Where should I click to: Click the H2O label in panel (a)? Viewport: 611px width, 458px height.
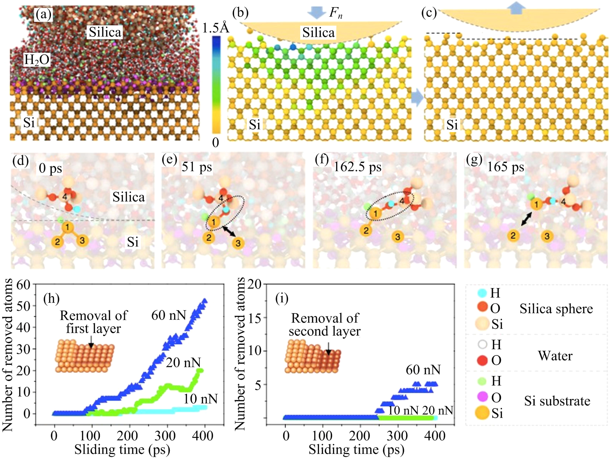click(37, 60)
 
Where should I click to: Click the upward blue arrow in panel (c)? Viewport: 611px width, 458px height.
click(516, 8)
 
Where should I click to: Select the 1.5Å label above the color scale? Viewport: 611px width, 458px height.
click(215, 28)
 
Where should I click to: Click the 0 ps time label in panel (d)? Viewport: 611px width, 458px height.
click(50, 168)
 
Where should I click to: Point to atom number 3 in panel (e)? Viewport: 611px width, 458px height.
click(238, 243)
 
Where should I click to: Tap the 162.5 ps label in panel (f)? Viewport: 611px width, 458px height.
click(357, 167)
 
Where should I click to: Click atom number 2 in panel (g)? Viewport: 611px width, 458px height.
click(513, 235)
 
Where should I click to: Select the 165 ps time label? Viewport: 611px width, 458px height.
click(505, 167)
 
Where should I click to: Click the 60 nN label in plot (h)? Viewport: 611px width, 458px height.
click(169, 315)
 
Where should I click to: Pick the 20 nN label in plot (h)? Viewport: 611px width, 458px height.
click(183, 362)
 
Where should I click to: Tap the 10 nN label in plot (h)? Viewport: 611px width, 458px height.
click(200, 399)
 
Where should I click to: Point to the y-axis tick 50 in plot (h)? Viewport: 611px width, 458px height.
click(24, 306)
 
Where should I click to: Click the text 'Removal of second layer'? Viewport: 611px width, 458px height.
click(325, 325)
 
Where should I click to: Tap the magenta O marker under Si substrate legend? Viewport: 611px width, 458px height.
click(482, 397)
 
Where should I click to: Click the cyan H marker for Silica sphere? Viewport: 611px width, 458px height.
click(482, 293)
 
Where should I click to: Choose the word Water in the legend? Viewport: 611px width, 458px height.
click(555, 356)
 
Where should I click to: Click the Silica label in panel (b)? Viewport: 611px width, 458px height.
click(318, 33)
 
